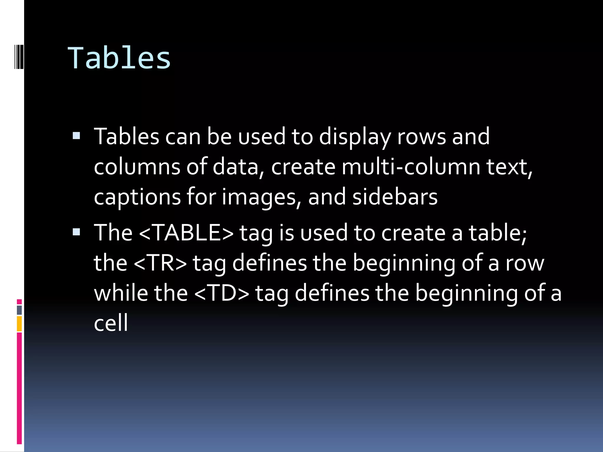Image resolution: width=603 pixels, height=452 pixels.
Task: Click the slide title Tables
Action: click(x=119, y=58)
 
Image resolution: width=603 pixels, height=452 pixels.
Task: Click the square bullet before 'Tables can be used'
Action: click(x=76, y=136)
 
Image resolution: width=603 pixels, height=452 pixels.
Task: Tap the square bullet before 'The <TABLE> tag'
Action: click(x=76, y=232)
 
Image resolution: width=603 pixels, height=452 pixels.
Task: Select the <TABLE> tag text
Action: click(x=186, y=232)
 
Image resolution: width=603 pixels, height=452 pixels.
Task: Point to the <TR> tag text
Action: click(x=160, y=263)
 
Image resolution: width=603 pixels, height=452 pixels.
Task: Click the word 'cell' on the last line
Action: click(x=111, y=323)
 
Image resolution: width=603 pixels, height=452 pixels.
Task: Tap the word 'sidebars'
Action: click(x=395, y=197)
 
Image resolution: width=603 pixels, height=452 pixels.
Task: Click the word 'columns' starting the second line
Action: click(x=137, y=167)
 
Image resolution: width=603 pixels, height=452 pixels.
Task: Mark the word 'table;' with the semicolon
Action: click(x=498, y=232)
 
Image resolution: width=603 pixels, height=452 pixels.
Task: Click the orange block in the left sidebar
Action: click(x=19, y=324)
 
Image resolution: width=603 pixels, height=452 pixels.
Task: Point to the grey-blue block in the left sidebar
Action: click(x=19, y=310)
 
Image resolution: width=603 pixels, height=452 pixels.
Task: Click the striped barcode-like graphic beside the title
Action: click(x=19, y=56)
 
